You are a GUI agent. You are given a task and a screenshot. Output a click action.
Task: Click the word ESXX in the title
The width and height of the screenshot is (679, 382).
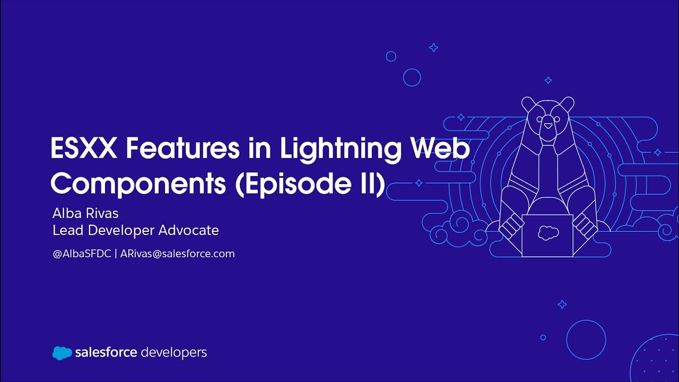84,149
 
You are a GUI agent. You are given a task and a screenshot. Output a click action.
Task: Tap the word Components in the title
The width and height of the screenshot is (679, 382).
138,183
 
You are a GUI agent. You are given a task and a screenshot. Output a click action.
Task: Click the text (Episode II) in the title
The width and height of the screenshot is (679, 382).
310,183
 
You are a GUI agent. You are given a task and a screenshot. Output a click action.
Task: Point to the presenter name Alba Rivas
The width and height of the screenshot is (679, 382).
85,213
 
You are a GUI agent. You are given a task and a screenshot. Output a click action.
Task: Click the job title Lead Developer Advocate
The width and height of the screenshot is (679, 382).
136,230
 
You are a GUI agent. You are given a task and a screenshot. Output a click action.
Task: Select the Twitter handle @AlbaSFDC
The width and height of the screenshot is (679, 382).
82,254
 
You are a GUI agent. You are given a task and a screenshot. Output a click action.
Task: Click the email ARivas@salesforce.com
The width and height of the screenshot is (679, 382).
178,254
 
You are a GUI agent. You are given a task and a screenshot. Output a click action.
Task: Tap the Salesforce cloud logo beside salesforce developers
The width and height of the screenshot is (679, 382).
62,353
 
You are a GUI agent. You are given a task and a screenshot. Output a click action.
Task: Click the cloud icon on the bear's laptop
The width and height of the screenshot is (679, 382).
548,232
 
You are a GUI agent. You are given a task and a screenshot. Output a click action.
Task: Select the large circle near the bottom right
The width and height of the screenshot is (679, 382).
586,340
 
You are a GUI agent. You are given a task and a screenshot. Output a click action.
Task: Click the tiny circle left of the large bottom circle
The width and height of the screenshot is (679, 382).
543,337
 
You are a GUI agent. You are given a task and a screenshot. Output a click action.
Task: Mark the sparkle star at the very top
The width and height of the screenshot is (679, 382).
433,48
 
